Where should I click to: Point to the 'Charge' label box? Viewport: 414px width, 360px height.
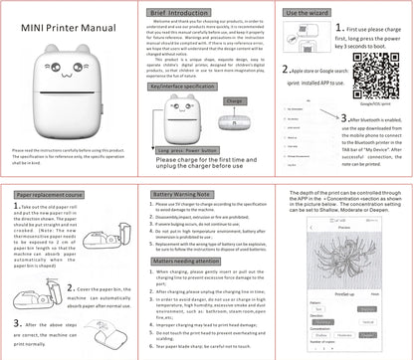point(235,102)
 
